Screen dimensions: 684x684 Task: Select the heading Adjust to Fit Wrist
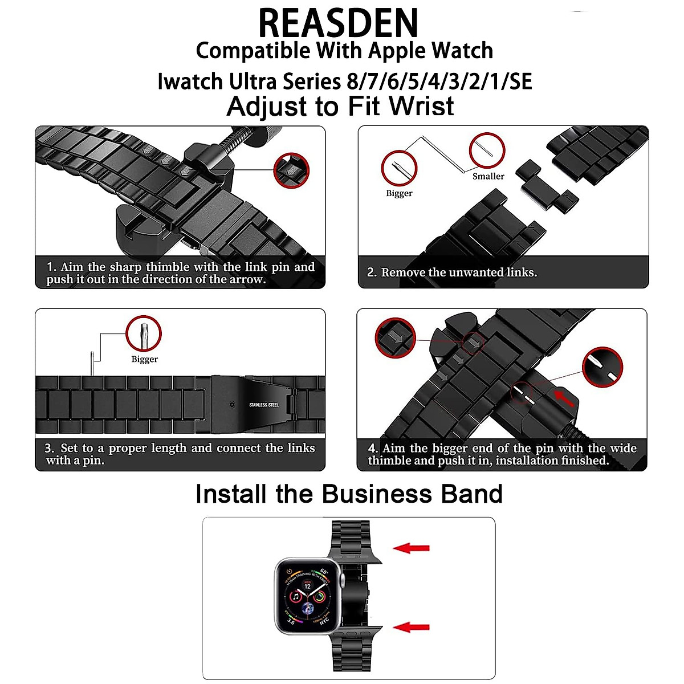pos(340,107)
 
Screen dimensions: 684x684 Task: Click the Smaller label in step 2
pos(488,176)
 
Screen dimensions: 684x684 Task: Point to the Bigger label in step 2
pos(399,193)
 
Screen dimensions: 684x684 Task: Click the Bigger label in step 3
pos(144,359)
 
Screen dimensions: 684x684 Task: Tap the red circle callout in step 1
pos(291,170)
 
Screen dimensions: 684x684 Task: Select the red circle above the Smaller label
pos(487,150)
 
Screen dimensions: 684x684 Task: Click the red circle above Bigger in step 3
pos(144,333)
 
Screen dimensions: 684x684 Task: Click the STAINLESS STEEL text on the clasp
pos(264,405)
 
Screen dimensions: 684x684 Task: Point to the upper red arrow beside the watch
pos(412,548)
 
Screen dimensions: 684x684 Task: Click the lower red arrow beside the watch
pos(412,627)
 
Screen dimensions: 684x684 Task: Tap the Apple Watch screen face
pos(308,596)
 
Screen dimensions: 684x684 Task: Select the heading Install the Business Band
pos(349,494)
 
